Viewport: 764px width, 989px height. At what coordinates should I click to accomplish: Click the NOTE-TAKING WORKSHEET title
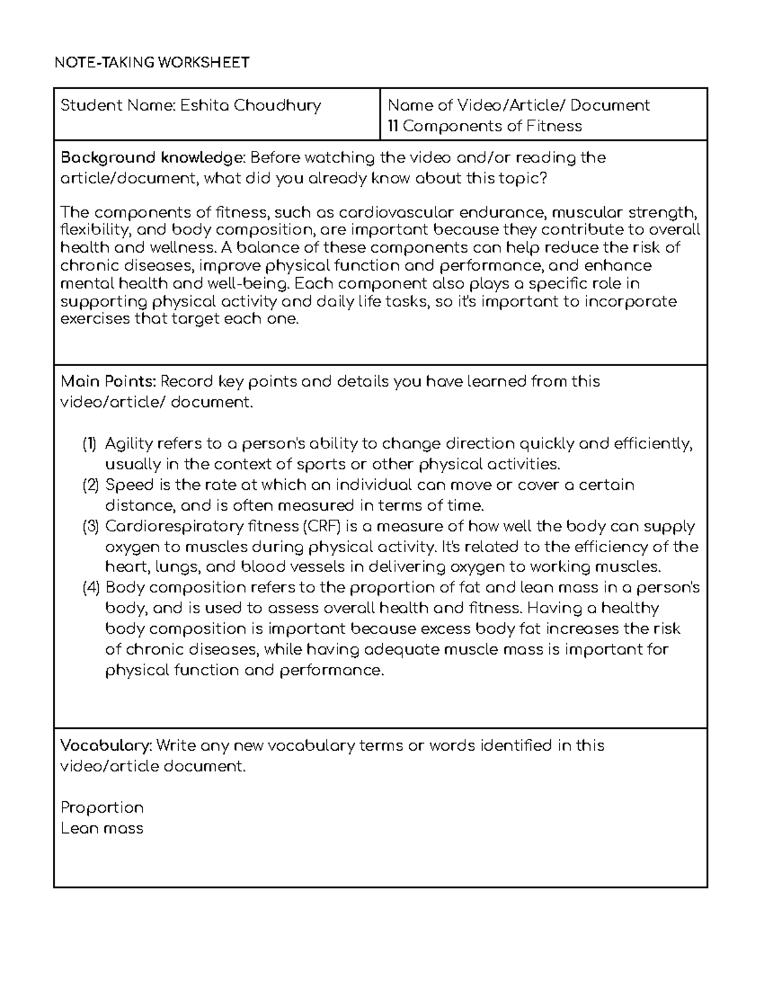[152, 62]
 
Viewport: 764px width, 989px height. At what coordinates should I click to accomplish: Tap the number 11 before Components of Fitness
[393, 126]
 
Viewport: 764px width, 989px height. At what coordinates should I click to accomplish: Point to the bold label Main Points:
[108, 381]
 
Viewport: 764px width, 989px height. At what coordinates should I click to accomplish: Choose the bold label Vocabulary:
[106, 745]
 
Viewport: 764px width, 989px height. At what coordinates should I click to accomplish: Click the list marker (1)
[90, 443]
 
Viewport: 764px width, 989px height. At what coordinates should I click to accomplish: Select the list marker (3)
[90, 527]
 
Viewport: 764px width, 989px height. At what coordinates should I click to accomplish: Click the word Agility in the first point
[125, 444]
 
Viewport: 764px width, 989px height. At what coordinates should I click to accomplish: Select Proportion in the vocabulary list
[102, 808]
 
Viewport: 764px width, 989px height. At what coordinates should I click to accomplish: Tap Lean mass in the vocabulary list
[102, 829]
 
